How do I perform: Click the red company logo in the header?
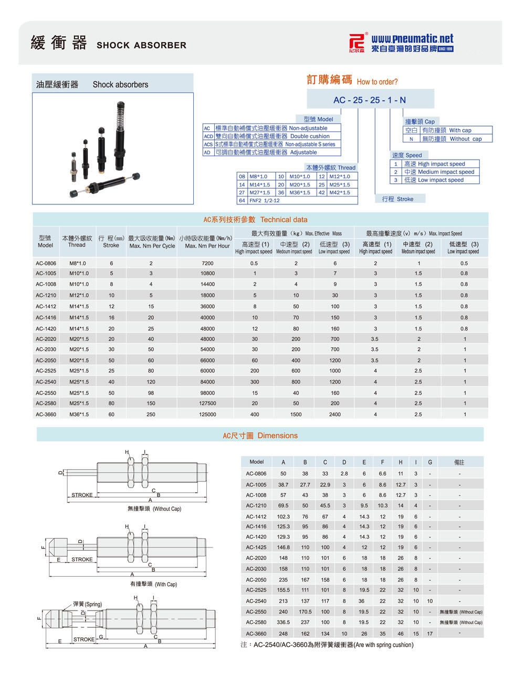point(357,43)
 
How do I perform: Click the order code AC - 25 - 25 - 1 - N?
point(369,100)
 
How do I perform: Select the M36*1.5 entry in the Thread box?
point(300,192)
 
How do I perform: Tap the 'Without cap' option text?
point(466,139)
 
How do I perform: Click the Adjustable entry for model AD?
point(303,152)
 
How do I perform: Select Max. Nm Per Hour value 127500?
point(207,403)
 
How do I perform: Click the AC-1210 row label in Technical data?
point(46,295)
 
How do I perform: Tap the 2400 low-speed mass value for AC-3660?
point(335,415)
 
